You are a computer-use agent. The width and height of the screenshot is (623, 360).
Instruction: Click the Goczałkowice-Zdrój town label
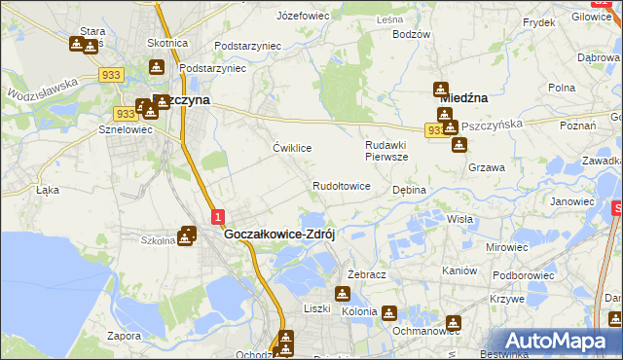(279, 234)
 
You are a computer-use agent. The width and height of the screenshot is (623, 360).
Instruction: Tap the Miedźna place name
(463, 97)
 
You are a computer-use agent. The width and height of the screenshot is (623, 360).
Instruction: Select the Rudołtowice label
(341, 186)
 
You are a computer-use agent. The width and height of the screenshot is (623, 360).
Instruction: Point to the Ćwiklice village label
(292, 148)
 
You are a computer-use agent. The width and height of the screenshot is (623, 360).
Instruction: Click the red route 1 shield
(218, 217)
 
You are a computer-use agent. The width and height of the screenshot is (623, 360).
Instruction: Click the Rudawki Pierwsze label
(386, 150)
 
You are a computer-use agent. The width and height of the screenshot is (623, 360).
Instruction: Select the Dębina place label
(409, 190)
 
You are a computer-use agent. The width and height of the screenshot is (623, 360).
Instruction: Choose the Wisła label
(459, 220)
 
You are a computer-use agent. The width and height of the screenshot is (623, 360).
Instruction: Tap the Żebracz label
(367, 275)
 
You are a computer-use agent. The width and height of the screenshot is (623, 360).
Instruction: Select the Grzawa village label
(486, 167)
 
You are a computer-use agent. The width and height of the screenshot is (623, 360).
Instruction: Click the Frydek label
(538, 21)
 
